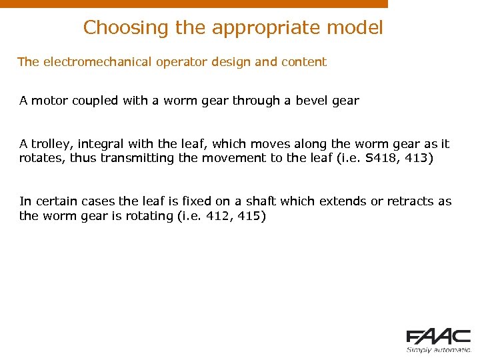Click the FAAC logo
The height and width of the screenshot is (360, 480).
439,337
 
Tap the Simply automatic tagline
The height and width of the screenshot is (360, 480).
439,349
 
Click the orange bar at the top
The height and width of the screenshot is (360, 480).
193,3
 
